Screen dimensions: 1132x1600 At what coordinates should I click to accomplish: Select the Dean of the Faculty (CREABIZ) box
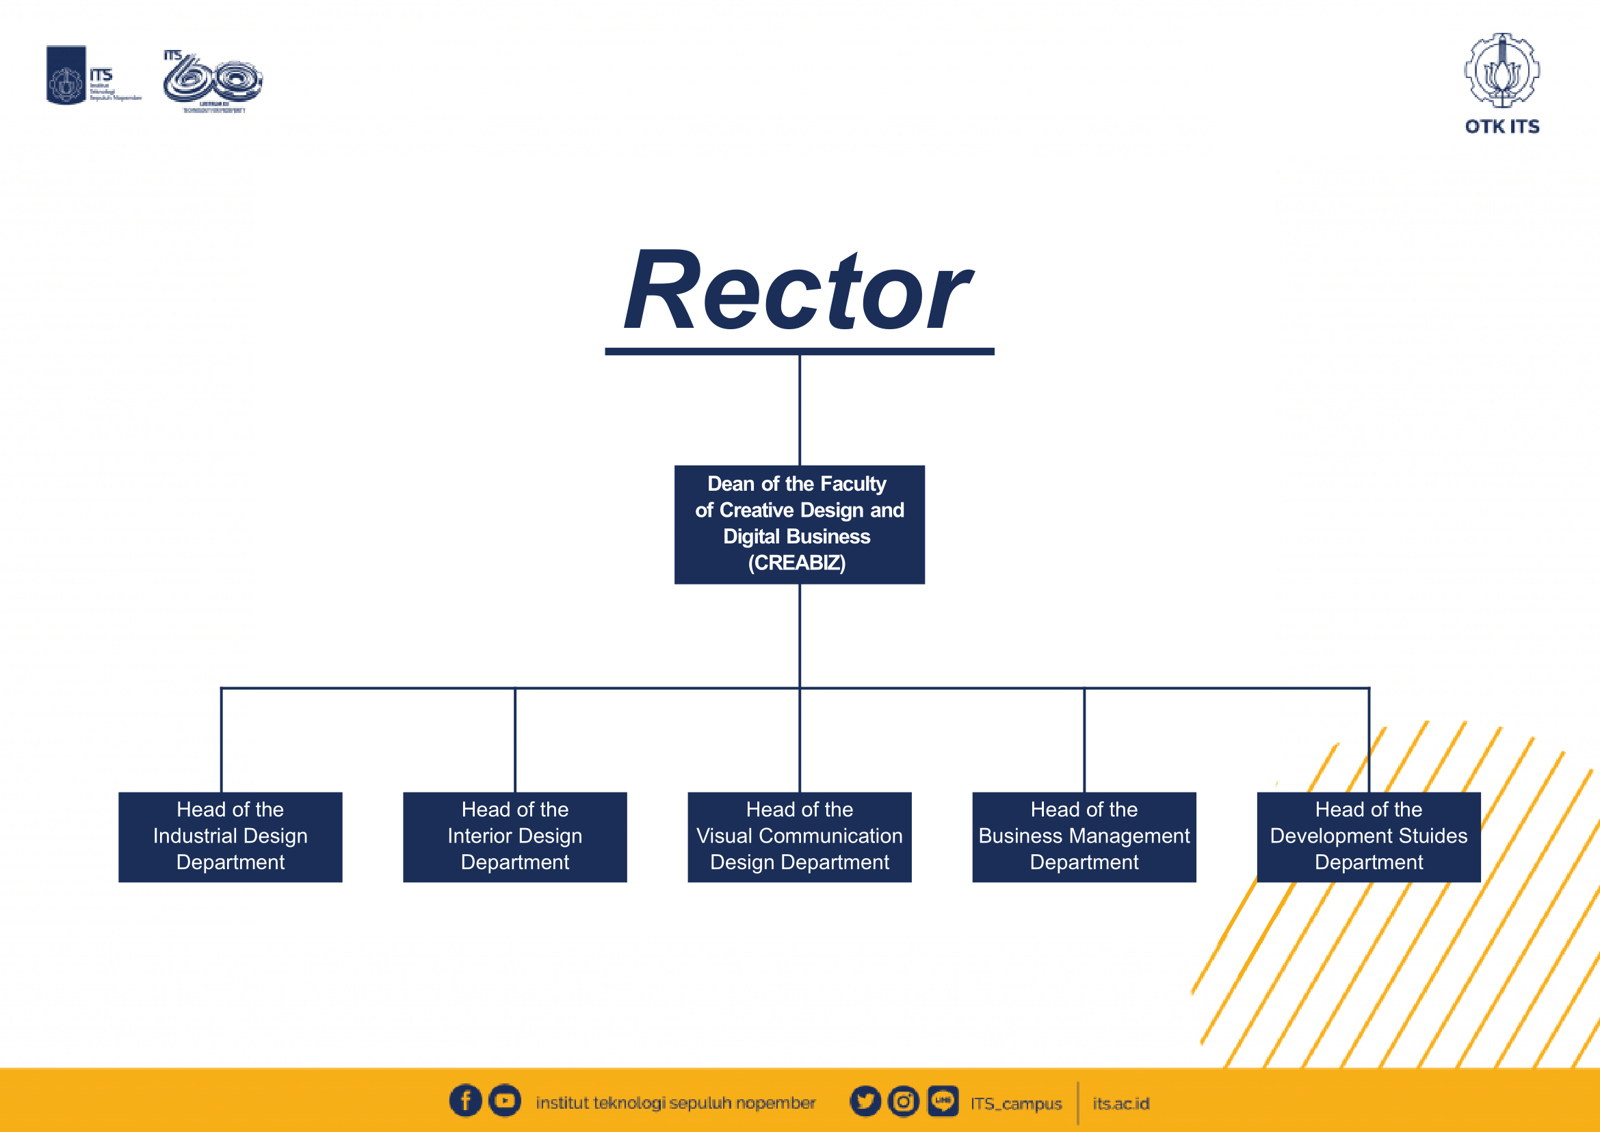pyautogui.click(x=799, y=524)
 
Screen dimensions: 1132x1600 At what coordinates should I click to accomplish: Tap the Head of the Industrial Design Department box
pyautogui.click(x=230, y=836)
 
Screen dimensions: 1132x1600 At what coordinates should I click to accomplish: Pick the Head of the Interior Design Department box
pyautogui.click(x=514, y=836)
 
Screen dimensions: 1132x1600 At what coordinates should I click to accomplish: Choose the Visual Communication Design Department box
pyautogui.click(x=799, y=836)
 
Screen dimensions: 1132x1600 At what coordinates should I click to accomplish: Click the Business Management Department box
pyautogui.click(x=1084, y=836)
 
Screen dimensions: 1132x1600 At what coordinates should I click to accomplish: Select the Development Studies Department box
pyautogui.click(x=1368, y=836)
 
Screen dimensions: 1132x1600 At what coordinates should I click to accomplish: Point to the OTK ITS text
pyautogui.click(x=1501, y=126)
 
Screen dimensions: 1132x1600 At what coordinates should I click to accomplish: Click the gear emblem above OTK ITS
pyautogui.click(x=1501, y=70)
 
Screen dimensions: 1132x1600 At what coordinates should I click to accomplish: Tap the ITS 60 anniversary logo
pyautogui.click(x=213, y=80)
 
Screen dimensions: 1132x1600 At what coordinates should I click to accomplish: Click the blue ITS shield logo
pyautogui.click(x=66, y=75)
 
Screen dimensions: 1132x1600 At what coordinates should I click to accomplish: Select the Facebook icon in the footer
pyautogui.click(x=466, y=1101)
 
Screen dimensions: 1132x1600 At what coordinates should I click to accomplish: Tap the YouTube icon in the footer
pyautogui.click(x=505, y=1101)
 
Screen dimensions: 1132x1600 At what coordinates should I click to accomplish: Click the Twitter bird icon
pyautogui.click(x=865, y=1101)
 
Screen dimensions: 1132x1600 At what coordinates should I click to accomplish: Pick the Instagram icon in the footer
pyautogui.click(x=904, y=1101)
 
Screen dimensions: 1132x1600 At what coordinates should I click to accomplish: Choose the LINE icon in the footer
pyautogui.click(x=943, y=1101)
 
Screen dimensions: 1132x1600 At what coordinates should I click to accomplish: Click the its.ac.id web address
pyautogui.click(x=1120, y=1103)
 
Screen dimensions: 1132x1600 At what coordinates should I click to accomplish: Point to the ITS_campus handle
pyautogui.click(x=1016, y=1103)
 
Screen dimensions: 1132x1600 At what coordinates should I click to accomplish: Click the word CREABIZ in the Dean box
pyautogui.click(x=796, y=563)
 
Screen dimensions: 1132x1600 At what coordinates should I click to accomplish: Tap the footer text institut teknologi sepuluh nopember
pyautogui.click(x=675, y=1103)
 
